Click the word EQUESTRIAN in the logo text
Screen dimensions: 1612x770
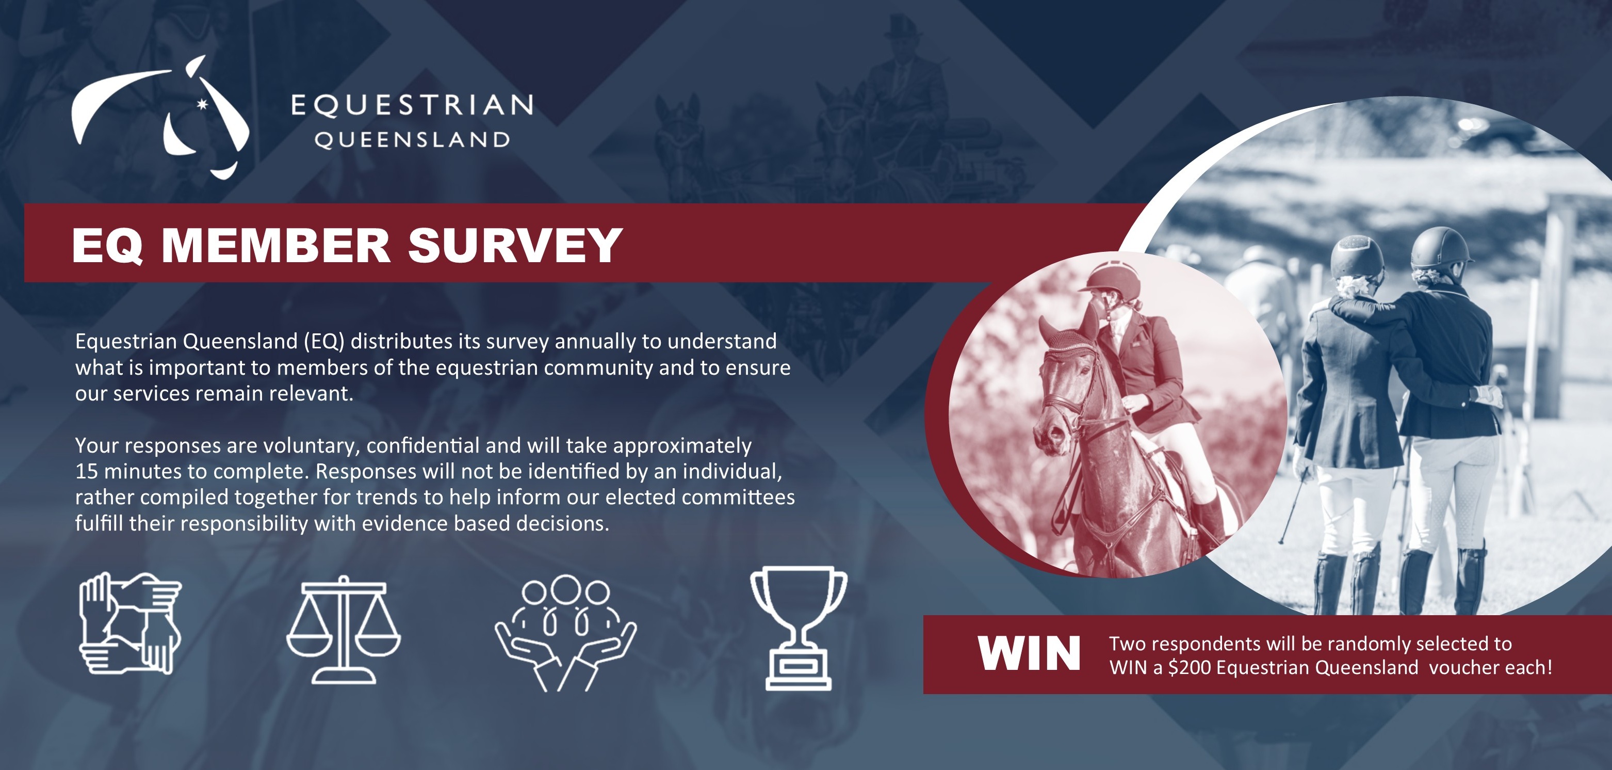[x=412, y=106]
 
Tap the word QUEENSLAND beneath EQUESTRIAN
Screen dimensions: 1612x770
[x=412, y=140]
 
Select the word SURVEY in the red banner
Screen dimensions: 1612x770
[x=515, y=245]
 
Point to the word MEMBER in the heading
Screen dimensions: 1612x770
[x=276, y=245]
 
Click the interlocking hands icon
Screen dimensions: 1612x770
[x=130, y=623]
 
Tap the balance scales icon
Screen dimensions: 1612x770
[x=344, y=630]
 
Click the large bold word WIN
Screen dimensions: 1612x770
[x=1030, y=653]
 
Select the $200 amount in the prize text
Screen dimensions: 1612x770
[x=1190, y=668]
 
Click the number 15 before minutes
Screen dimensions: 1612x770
[x=86, y=471]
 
